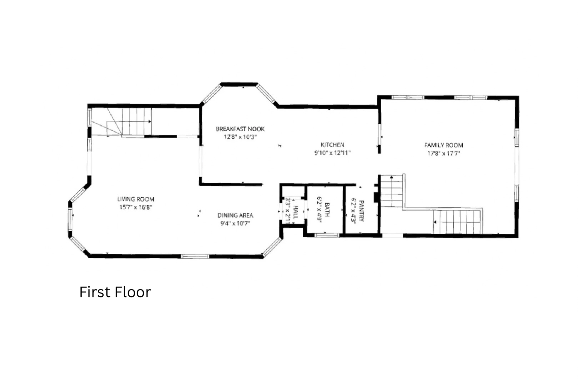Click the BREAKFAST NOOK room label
click(240, 129)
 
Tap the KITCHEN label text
click(332, 145)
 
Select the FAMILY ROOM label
click(444, 145)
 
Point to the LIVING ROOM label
click(136, 199)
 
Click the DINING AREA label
click(235, 216)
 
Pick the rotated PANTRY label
click(361, 211)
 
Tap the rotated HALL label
click(296, 212)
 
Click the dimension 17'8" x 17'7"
click(444, 153)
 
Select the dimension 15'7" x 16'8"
click(136, 207)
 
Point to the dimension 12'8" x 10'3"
click(240, 137)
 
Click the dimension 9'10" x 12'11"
click(332, 153)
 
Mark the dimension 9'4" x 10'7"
click(235, 223)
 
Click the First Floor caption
click(115, 292)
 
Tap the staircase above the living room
click(121, 122)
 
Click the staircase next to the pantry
click(392, 190)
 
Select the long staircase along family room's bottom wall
click(457, 222)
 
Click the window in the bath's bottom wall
click(326, 235)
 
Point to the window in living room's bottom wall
click(195, 256)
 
